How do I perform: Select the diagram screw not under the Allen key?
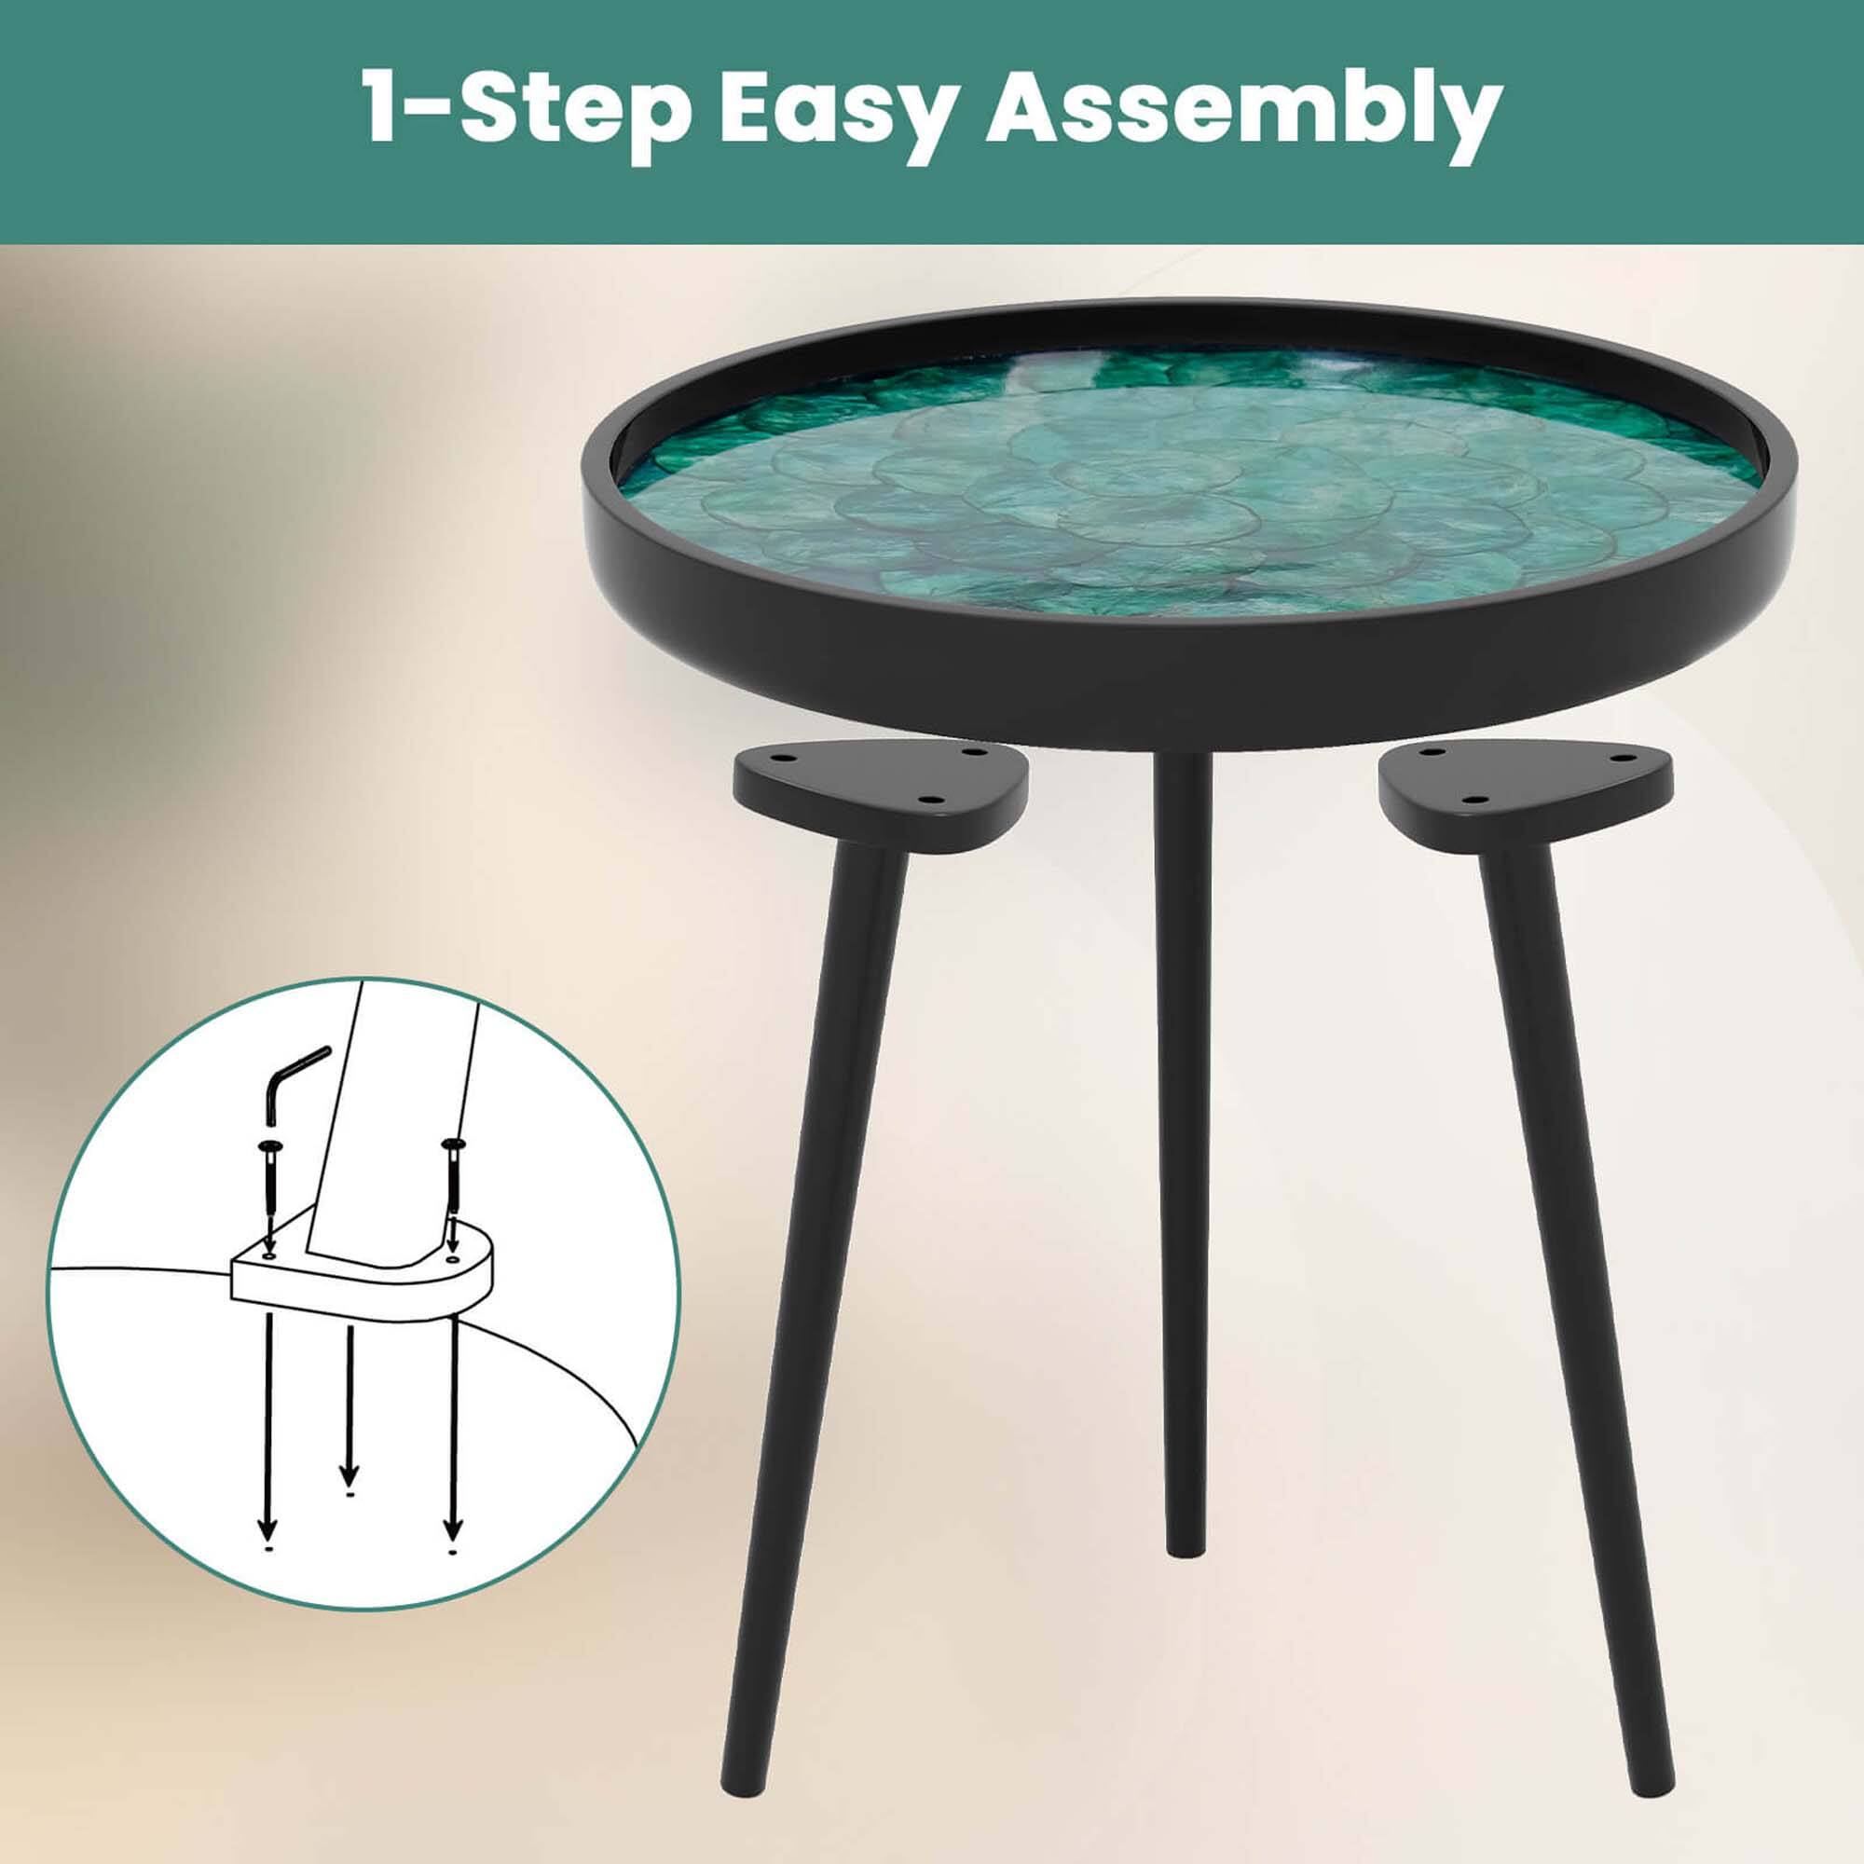coord(450,1181)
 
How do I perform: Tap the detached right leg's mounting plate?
coord(1525,797)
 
